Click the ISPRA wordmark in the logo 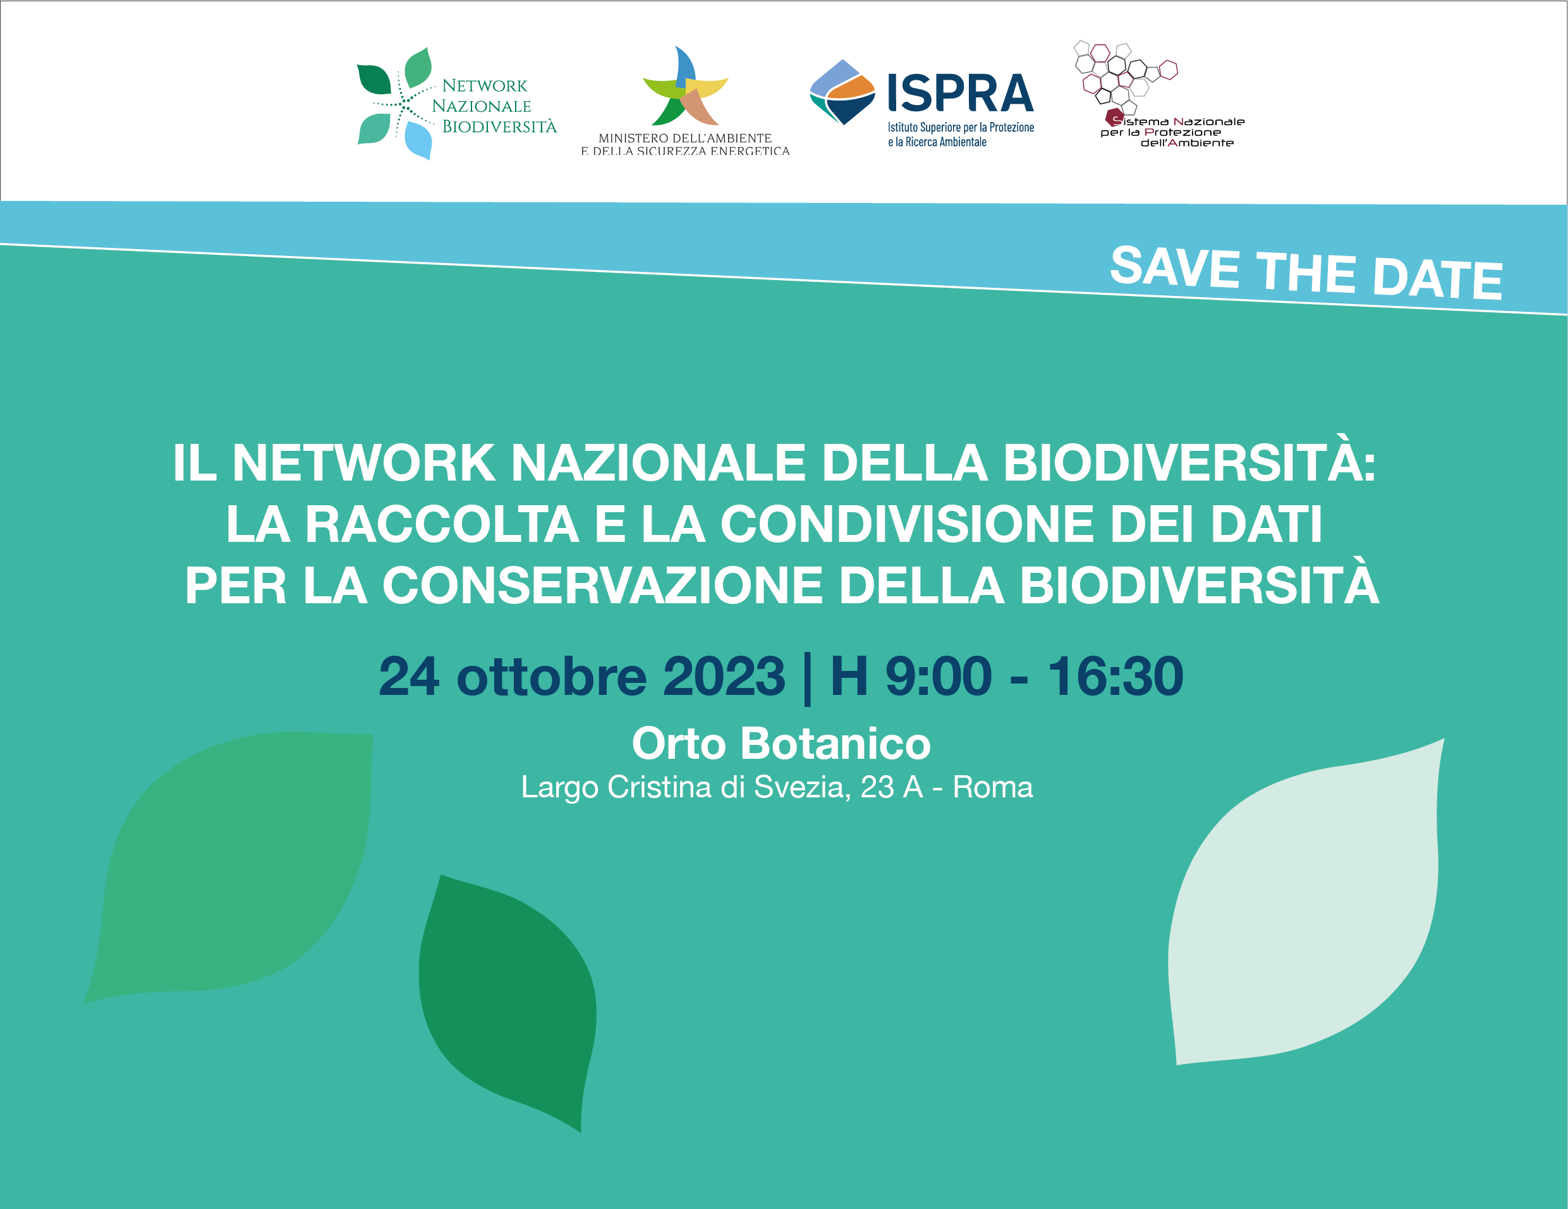(960, 93)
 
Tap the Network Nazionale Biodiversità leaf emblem (396, 104)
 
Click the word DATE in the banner (1437, 278)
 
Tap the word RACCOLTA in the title (442, 524)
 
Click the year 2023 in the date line (724, 676)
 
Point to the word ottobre (551, 676)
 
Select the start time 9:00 (939, 676)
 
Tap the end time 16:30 (1115, 676)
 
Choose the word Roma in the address (993, 787)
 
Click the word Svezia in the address (802, 787)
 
